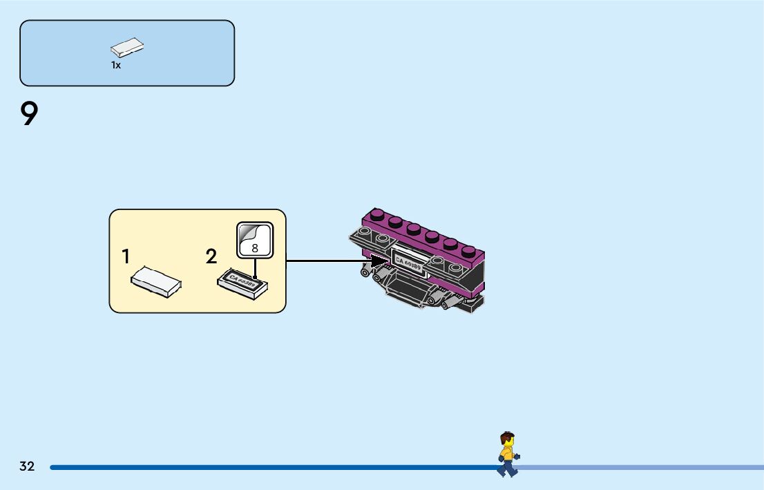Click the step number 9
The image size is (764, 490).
(x=29, y=114)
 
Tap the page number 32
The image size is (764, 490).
(x=27, y=467)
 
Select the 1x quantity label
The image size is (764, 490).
(x=116, y=66)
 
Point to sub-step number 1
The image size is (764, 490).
(x=126, y=257)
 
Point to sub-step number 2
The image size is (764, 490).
(x=211, y=257)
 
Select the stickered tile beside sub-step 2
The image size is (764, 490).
(x=242, y=283)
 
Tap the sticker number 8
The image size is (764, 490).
(x=255, y=247)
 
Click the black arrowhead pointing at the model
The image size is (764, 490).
(x=378, y=261)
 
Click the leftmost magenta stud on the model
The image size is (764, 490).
(x=377, y=214)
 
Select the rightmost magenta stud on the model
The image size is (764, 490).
(x=469, y=252)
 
